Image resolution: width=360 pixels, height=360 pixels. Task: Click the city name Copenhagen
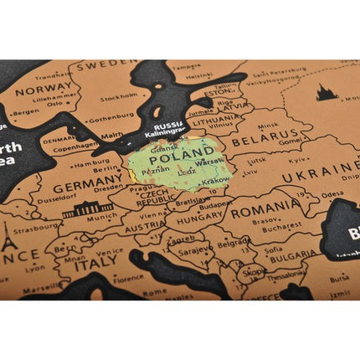point(76,145)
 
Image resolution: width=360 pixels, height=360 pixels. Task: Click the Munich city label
point(101,216)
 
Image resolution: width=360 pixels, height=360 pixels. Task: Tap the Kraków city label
point(214,179)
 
